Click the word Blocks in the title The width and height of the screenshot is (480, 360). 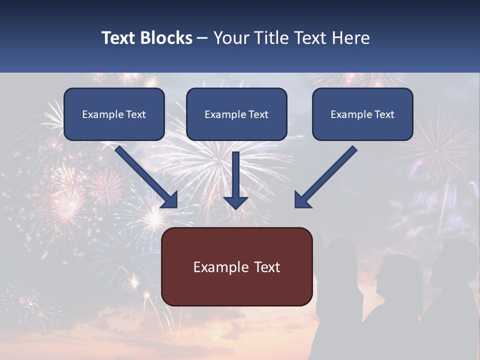[166, 38]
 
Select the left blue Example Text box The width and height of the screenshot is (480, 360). [114, 114]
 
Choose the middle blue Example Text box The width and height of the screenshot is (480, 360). [236, 114]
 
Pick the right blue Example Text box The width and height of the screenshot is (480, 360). [362, 114]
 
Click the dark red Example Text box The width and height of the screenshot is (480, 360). [237, 267]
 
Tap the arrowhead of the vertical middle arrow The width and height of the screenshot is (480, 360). [235, 202]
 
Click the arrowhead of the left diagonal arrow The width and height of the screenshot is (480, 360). [170, 200]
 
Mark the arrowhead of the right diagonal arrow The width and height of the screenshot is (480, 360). [302, 200]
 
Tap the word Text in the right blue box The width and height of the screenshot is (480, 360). [384, 114]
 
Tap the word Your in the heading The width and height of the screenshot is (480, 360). [230, 38]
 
